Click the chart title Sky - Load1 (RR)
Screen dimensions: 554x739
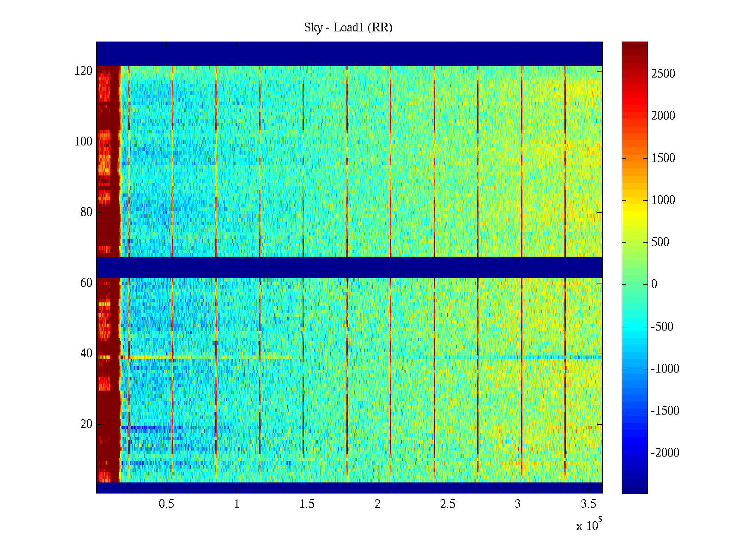[x=348, y=28]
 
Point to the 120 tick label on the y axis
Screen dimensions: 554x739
[x=84, y=71]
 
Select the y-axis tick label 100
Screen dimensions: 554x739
[x=84, y=142]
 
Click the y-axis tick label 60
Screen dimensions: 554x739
[x=86, y=283]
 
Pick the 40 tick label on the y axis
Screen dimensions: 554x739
[x=86, y=354]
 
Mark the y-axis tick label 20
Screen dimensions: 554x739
[x=86, y=424]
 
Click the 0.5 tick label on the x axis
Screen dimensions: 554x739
[x=166, y=504]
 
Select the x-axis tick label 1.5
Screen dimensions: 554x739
[x=307, y=504]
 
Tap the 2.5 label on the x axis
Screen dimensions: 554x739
[x=448, y=504]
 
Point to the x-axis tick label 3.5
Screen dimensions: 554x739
[x=588, y=504]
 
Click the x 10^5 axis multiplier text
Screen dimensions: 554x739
[x=589, y=525]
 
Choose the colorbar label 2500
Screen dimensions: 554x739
[x=663, y=74]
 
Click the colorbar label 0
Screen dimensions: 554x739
[x=654, y=284]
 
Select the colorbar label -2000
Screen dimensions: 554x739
[x=665, y=453]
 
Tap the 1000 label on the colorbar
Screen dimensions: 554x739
[x=663, y=200]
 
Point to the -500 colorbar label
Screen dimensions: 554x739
[x=662, y=327]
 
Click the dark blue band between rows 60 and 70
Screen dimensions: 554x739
[x=349, y=267]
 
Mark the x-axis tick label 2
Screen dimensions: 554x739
[x=377, y=504]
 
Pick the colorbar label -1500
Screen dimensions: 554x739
[x=665, y=411]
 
